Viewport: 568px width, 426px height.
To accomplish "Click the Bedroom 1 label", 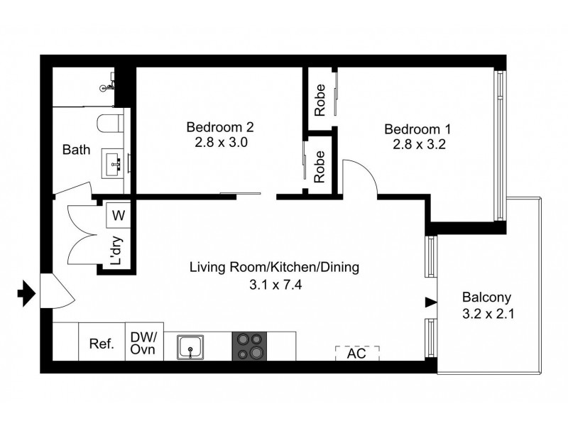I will point(417,130).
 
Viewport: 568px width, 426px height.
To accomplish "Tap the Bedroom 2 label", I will point(220,128).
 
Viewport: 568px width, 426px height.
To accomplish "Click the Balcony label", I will point(487,297).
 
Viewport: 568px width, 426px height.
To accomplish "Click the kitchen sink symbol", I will point(190,347).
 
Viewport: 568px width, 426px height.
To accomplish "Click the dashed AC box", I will point(357,353).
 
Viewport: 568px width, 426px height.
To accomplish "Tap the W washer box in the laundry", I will point(118,214).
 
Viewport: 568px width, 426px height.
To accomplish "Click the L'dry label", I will point(118,251).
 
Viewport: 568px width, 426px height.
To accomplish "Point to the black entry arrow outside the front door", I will point(26,293).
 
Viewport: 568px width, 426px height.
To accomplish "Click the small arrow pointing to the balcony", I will point(430,302).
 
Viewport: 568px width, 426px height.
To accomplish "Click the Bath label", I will point(76,151).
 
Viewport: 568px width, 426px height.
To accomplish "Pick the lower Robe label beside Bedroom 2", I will point(320,166).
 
